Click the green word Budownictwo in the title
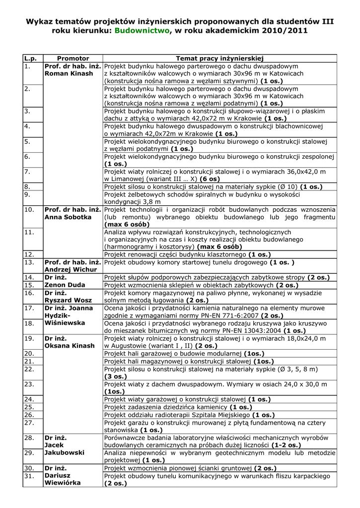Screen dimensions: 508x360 coord(143,30)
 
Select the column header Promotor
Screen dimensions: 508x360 coord(73,58)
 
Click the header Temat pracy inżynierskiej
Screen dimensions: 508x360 coord(219,58)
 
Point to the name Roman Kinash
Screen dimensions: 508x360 coord(69,73)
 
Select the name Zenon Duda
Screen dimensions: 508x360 coord(65,285)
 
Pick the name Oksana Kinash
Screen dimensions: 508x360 coord(70,346)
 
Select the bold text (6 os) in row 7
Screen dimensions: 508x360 coord(210,179)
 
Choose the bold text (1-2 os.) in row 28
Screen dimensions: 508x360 coord(281,445)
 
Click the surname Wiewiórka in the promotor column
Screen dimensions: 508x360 coord(63,483)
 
